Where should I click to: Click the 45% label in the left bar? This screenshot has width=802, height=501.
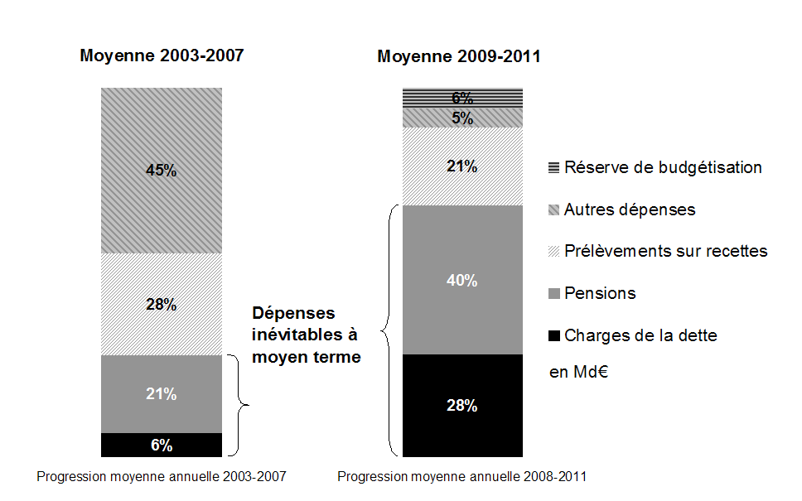[x=162, y=171]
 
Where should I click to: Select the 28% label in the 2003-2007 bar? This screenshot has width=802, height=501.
[x=162, y=304]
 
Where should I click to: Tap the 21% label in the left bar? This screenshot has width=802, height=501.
[x=162, y=394]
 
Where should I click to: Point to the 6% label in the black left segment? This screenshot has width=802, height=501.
[x=162, y=446]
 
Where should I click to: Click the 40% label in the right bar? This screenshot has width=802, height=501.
[x=462, y=281]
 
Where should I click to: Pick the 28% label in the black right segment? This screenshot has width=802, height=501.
[x=462, y=406]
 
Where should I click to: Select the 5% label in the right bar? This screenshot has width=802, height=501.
[x=462, y=118]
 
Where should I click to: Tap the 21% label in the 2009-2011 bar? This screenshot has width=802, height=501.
[x=462, y=166]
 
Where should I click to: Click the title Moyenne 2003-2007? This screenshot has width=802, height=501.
[x=162, y=56]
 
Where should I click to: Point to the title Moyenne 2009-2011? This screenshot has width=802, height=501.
[x=459, y=57]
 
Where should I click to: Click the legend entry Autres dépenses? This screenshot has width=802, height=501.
[x=630, y=210]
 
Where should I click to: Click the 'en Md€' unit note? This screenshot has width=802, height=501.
[x=579, y=372]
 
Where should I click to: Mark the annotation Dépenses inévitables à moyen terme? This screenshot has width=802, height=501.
[x=306, y=335]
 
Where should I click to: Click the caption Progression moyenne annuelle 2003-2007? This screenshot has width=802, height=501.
[x=162, y=477]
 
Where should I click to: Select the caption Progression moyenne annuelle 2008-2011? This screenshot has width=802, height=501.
[x=462, y=477]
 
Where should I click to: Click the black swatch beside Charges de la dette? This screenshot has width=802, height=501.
[x=553, y=336]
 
